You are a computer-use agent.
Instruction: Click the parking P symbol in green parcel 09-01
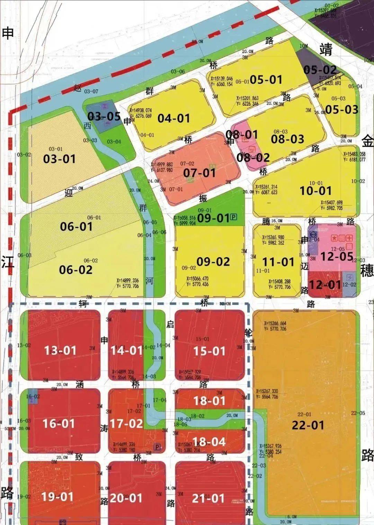pos(234,217)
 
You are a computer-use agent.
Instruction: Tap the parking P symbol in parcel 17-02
pos(158,447)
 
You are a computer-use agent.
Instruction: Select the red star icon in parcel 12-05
pos(334,238)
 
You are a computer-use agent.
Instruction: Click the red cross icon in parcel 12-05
pos(350,238)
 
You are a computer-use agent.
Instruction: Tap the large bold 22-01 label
pos(308,425)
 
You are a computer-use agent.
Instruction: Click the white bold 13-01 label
pos(60,350)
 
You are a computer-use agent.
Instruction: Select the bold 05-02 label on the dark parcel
pos(320,70)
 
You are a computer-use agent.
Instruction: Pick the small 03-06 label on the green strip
pos(178,72)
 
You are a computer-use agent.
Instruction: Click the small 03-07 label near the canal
pos(91,91)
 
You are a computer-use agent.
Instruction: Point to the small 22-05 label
pos(358,413)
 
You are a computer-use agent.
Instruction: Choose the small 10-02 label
pos(358,181)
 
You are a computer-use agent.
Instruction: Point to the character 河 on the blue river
pos(149,280)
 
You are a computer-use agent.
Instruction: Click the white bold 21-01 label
pos(208,498)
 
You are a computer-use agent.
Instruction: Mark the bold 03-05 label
pos(104,116)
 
